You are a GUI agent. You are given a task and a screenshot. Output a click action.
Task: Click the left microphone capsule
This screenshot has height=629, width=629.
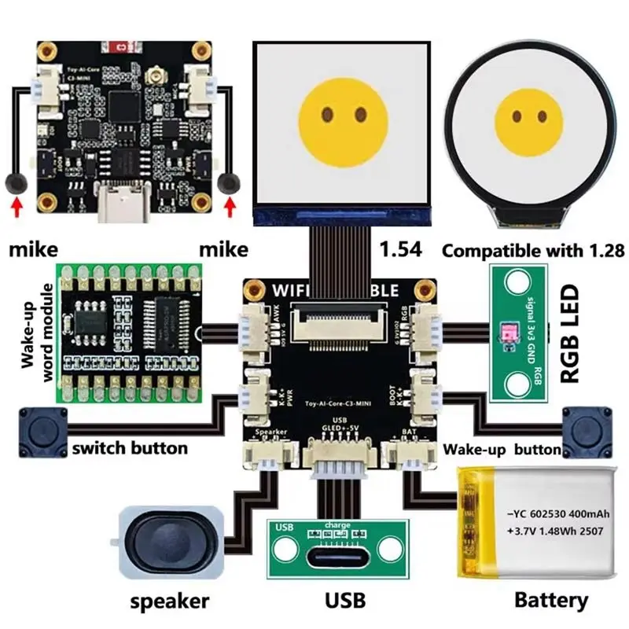14,182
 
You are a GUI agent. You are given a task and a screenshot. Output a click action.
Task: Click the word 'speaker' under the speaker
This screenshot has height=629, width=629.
169,601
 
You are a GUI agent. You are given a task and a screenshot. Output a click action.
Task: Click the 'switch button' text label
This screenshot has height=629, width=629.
130,448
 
